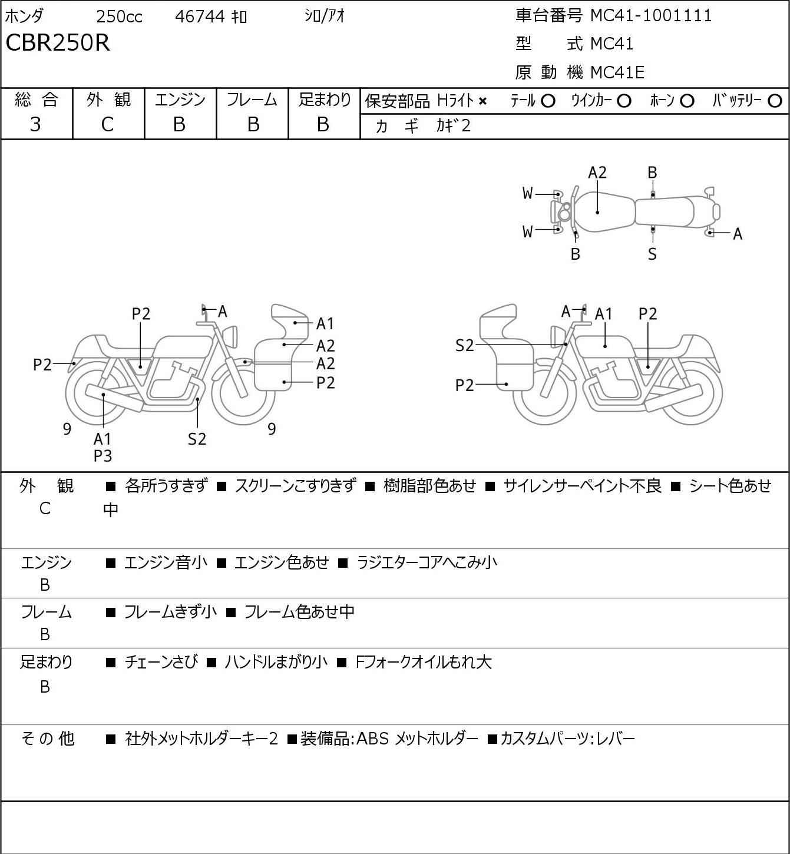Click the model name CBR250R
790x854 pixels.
click(58, 42)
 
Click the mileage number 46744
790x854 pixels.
click(200, 16)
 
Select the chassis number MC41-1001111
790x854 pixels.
click(651, 15)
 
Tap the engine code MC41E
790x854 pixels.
click(617, 72)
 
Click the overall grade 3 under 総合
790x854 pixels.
click(35, 124)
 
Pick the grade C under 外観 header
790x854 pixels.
click(107, 125)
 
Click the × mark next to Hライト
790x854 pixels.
click(482, 101)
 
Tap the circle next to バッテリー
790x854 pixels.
click(775, 101)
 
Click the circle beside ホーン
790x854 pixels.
click(687, 101)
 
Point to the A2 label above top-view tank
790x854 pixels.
click(597, 173)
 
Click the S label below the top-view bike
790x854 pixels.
click(652, 254)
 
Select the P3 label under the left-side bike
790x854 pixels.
click(103, 456)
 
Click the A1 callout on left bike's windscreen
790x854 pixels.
click(325, 323)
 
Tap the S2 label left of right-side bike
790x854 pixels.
click(465, 345)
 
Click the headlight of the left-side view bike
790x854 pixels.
click(230, 336)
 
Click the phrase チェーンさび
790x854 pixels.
click(161, 662)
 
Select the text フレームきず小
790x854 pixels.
click(170, 611)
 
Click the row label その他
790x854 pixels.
click(47, 739)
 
